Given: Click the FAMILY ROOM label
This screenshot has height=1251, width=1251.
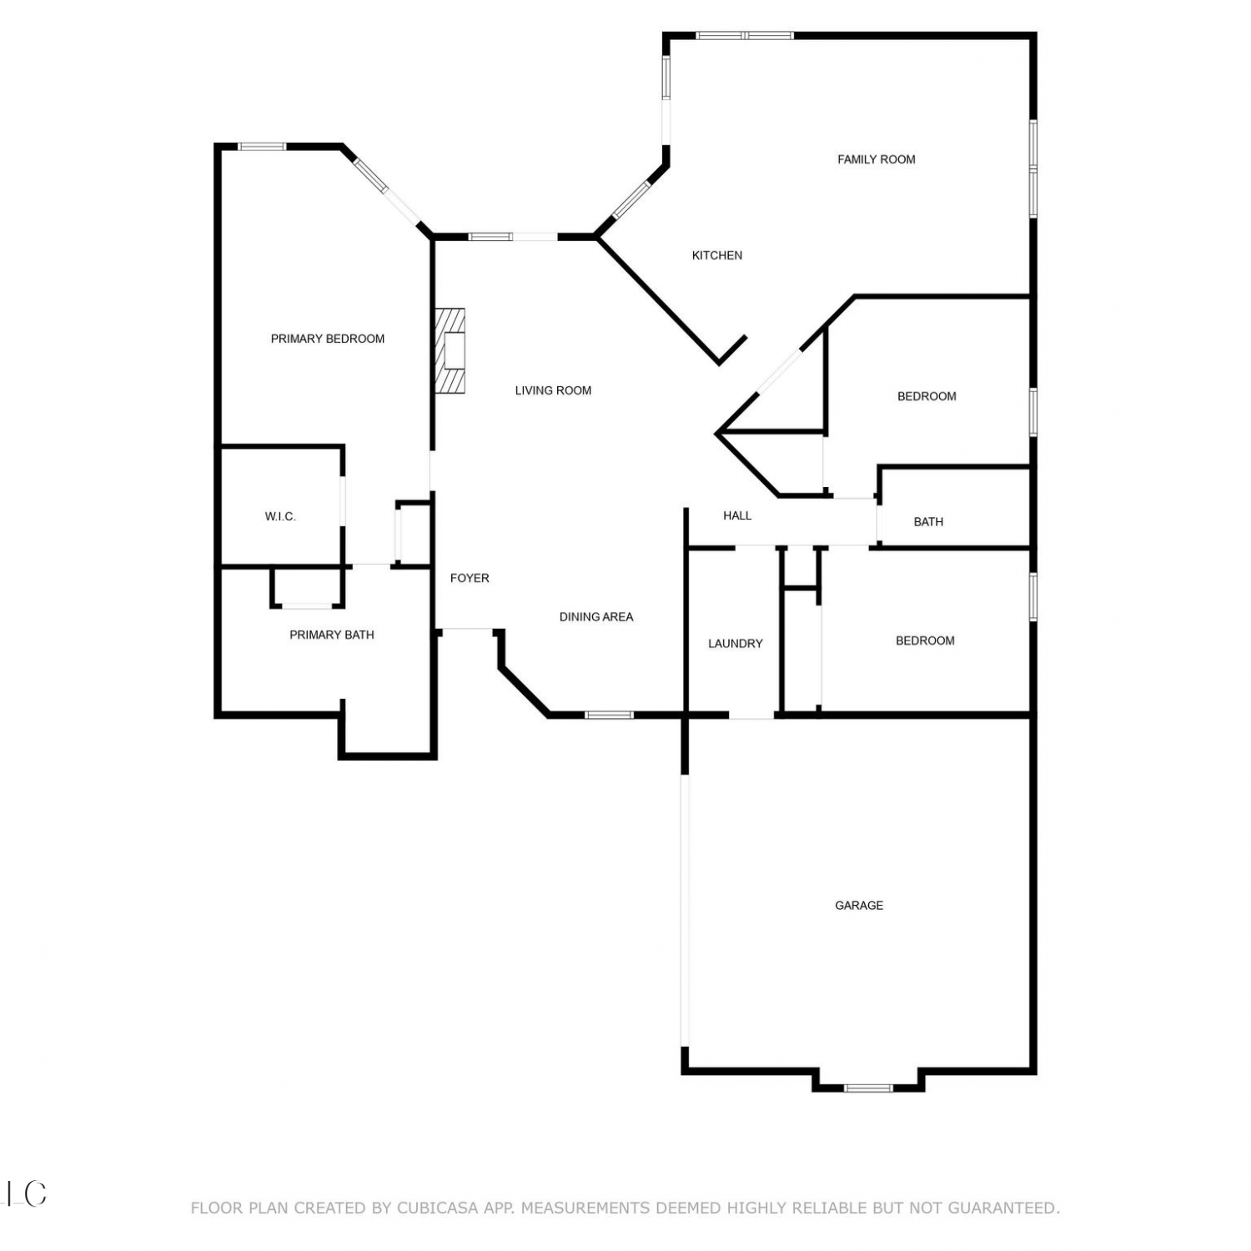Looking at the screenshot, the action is pyautogui.click(x=876, y=159).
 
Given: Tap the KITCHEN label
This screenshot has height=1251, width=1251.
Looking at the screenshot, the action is pyautogui.click(x=717, y=255).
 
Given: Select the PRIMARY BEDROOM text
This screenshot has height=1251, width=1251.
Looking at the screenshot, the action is pyautogui.click(x=328, y=339).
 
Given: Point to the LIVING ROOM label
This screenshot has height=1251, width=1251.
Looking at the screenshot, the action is pyautogui.click(x=553, y=390).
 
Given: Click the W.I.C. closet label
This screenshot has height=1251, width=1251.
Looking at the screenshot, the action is pyautogui.click(x=280, y=516).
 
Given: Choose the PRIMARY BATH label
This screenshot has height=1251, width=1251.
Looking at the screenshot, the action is pyautogui.click(x=332, y=635).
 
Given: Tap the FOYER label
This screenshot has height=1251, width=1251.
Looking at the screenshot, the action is pyautogui.click(x=470, y=578).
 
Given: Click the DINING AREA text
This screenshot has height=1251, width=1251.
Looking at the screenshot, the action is pyautogui.click(x=596, y=617).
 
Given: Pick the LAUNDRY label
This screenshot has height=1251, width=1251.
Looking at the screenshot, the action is pyautogui.click(x=736, y=644).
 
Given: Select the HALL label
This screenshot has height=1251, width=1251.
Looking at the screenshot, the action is pyautogui.click(x=737, y=515).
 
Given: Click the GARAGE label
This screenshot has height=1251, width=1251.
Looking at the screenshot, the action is pyautogui.click(x=859, y=905).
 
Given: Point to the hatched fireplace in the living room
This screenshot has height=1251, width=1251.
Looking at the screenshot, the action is pyautogui.click(x=449, y=350).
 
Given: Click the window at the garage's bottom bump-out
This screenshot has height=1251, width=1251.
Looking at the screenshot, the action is pyautogui.click(x=868, y=1088).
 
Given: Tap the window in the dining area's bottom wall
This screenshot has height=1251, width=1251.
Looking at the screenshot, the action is pyautogui.click(x=609, y=715).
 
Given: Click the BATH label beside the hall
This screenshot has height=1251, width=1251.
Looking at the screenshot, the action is pyautogui.click(x=928, y=522).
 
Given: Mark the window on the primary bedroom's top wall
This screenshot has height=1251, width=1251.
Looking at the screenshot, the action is pyautogui.click(x=263, y=147).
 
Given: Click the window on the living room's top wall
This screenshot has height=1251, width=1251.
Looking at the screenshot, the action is pyautogui.click(x=490, y=237).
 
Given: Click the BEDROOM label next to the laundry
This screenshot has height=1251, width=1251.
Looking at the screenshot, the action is pyautogui.click(x=925, y=641).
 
